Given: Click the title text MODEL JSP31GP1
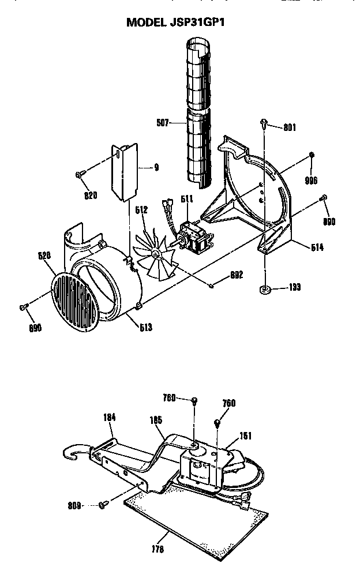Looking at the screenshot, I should [178, 23].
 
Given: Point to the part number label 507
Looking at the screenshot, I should [164, 122].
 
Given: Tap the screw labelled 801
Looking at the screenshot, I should [264, 122].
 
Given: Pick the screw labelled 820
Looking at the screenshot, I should [80, 174].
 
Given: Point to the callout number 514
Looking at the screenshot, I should [316, 247].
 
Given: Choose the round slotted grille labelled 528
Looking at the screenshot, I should [73, 303].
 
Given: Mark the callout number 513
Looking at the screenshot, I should [146, 328].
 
